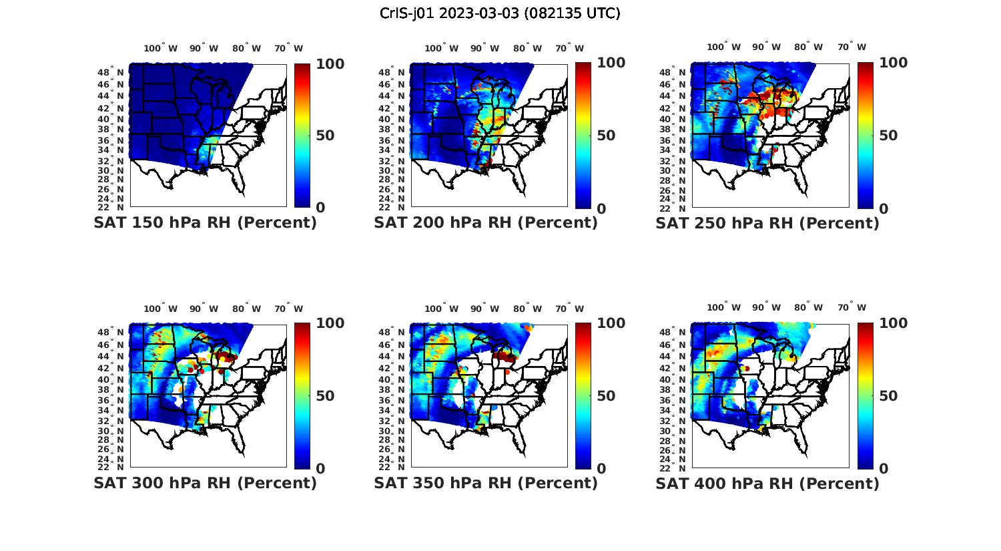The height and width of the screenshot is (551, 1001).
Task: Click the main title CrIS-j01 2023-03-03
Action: click(x=500, y=13)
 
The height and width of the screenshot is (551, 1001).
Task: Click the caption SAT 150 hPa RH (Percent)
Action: click(x=205, y=223)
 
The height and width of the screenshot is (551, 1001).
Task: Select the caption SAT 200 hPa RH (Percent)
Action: click(x=486, y=223)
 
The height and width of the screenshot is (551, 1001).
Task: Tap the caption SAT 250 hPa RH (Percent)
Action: click(x=767, y=223)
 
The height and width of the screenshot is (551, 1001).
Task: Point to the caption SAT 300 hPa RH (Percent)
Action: click(x=205, y=483)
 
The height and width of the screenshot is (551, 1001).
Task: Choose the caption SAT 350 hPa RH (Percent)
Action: click(x=486, y=483)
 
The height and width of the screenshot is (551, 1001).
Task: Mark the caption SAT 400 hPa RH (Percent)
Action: click(x=767, y=483)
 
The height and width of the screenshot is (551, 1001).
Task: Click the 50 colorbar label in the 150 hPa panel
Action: click(x=325, y=136)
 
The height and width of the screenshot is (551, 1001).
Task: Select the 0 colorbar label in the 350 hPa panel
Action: click(x=601, y=469)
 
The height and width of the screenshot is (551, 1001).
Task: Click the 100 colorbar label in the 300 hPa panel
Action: click(x=330, y=323)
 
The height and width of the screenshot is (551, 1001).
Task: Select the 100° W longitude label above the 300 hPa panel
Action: click(x=161, y=309)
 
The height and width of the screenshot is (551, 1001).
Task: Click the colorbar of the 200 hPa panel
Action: click(x=583, y=136)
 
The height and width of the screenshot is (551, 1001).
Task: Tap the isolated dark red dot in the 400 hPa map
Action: click(x=747, y=368)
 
